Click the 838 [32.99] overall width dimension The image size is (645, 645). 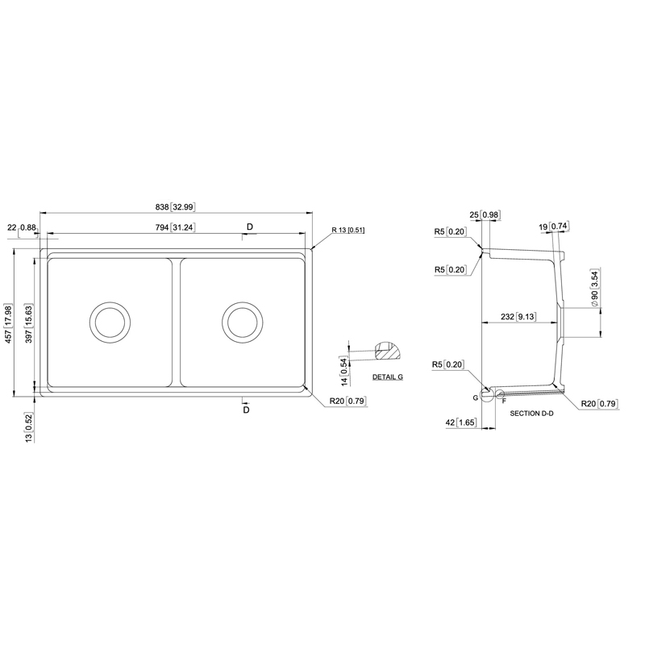(175, 207)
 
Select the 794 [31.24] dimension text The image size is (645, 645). (175, 227)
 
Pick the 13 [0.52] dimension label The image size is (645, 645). (29, 427)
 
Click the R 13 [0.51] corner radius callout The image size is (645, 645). (348, 230)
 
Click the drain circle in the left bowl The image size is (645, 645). (110, 322)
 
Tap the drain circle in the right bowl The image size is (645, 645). (243, 322)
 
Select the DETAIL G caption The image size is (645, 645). (388, 377)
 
